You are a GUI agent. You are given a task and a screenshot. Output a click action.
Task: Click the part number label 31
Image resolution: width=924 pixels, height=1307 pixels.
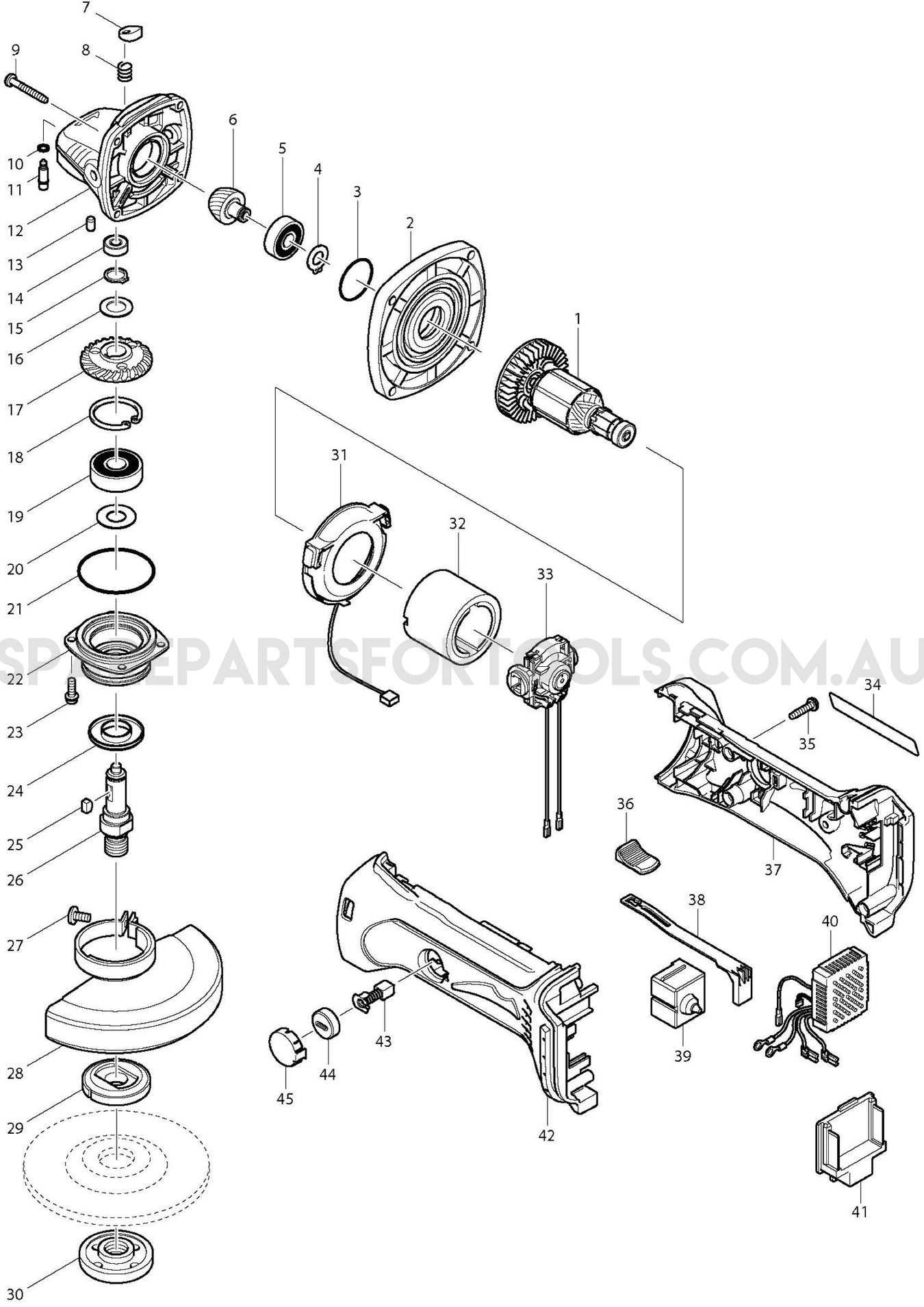[x=339, y=455]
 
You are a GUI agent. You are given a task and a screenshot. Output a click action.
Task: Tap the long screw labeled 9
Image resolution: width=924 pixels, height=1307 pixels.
[x=27, y=90]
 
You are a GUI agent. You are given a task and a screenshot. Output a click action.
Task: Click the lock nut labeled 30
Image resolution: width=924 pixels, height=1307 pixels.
[x=116, y=1252]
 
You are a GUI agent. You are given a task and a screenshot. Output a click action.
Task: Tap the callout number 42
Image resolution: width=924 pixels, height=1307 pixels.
[x=546, y=1135]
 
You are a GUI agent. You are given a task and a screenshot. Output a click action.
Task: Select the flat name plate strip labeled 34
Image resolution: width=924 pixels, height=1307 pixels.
[x=872, y=722]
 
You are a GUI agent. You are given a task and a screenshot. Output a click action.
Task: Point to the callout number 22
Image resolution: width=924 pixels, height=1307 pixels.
[x=15, y=679]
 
